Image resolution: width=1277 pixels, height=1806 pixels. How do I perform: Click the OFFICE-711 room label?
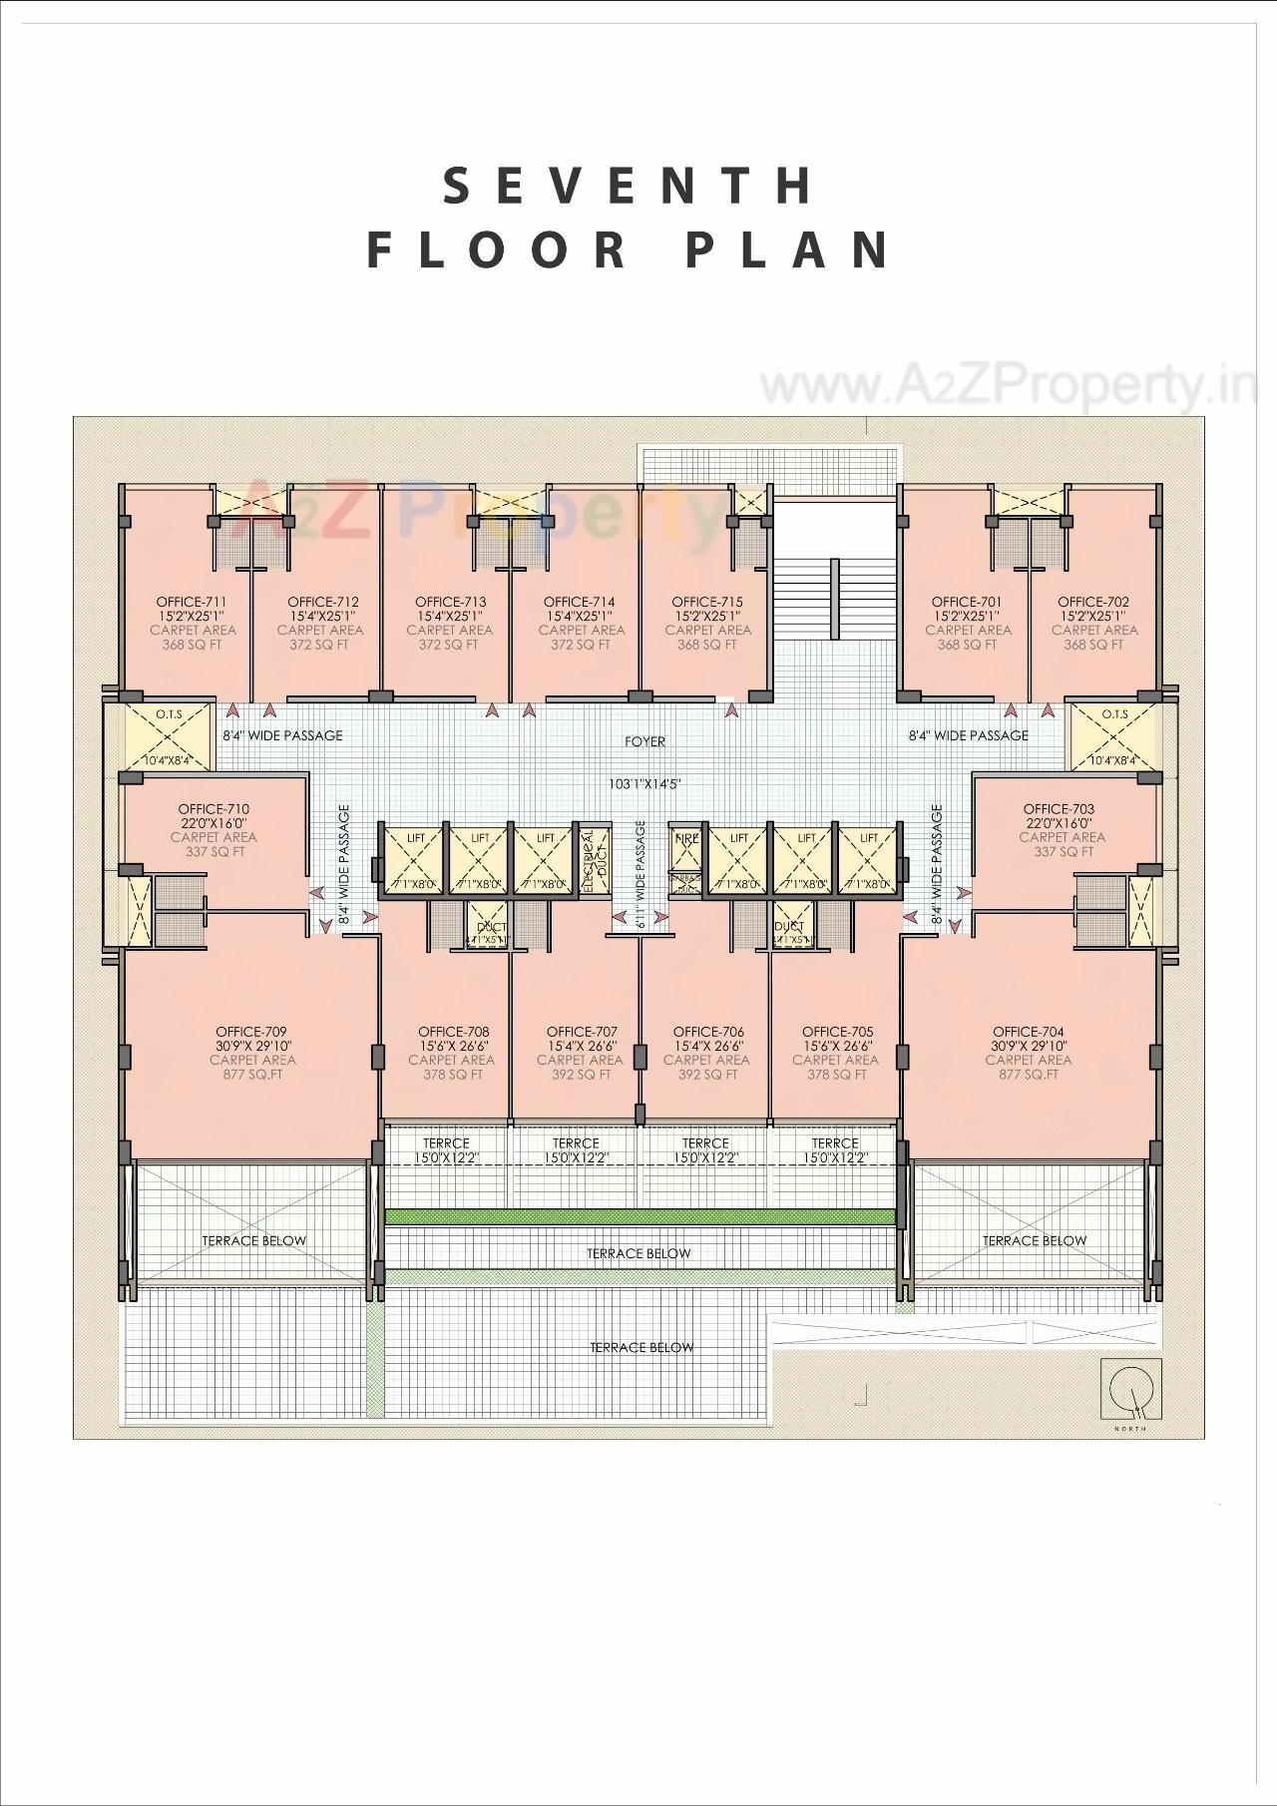pos(192,602)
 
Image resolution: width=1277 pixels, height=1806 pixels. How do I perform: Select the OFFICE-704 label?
pos(1028,1032)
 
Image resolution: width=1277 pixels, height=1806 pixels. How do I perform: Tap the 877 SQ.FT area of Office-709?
pos(252,1075)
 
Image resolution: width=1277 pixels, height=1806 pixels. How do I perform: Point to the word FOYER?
pos(644,741)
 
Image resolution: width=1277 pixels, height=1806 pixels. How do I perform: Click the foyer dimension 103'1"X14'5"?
pos(645,784)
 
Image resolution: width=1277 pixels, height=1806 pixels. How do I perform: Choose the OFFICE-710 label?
pos(213,809)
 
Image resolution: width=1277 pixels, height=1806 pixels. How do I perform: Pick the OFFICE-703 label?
pos(1059,809)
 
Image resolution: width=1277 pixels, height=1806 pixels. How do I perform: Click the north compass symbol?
pos(1130,1390)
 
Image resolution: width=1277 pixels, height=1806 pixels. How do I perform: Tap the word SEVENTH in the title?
pos(629,187)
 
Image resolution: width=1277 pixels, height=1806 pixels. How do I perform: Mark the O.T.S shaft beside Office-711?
pos(168,735)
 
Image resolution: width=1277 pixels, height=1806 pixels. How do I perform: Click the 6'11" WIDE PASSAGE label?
pos(641,875)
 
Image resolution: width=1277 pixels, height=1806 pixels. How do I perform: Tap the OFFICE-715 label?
pos(707,602)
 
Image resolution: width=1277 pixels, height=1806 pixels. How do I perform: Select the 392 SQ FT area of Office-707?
pos(580,1075)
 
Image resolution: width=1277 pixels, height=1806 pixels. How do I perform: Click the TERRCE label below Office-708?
pos(446,1143)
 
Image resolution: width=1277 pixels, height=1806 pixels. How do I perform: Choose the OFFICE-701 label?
pos(967,602)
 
